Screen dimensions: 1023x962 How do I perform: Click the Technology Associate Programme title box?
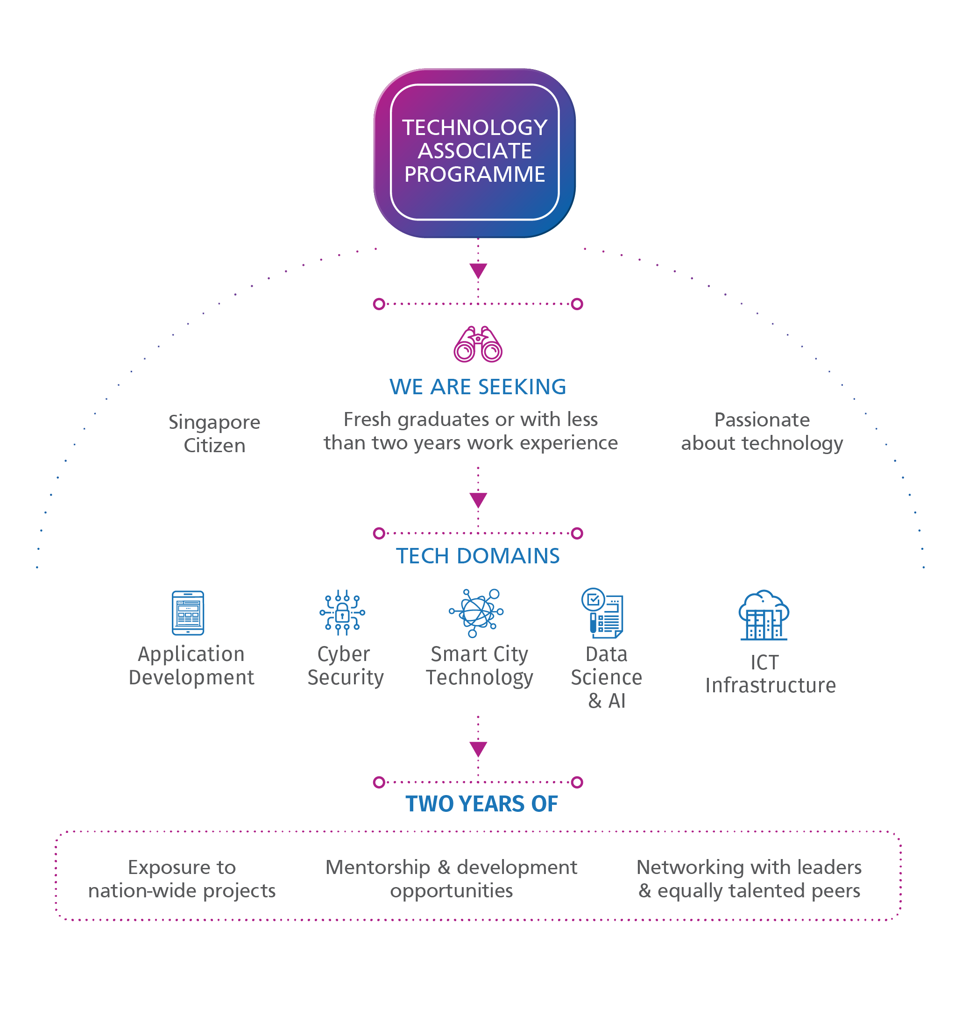point(474,152)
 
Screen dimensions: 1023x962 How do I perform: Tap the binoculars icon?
point(478,344)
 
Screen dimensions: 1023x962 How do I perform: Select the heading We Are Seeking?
point(477,387)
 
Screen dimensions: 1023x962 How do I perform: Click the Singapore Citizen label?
point(214,433)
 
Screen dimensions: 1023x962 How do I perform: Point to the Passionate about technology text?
point(762,431)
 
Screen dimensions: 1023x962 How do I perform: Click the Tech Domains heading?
point(477,556)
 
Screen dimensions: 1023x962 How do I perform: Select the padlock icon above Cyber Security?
point(342,612)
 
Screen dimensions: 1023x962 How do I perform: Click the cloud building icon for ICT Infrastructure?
point(764,616)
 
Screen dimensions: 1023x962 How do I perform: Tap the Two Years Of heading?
point(481,804)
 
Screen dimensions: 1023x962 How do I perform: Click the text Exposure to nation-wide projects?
point(182,879)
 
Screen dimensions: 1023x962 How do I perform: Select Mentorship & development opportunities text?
point(451,879)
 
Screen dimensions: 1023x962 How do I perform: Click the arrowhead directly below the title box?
point(478,270)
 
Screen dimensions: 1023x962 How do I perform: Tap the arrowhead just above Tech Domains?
point(478,500)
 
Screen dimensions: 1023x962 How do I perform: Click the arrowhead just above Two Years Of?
point(478,749)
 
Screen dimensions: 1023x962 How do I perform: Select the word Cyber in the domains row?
point(344,654)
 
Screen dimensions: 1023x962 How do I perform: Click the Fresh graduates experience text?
point(471,431)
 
